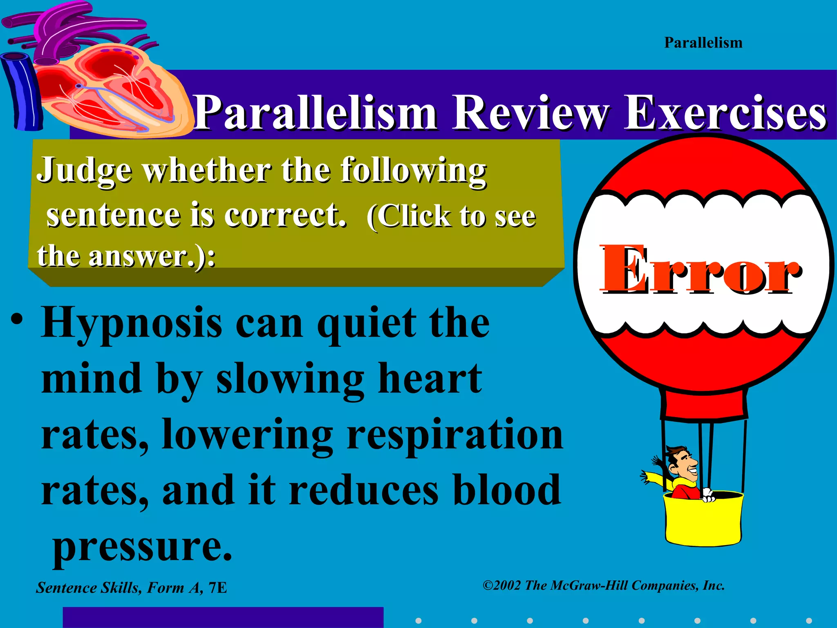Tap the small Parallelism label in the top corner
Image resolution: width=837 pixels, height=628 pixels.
703,43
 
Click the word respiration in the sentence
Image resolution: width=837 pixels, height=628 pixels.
454,436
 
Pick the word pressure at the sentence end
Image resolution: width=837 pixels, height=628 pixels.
142,546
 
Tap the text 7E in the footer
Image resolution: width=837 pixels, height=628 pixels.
217,588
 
